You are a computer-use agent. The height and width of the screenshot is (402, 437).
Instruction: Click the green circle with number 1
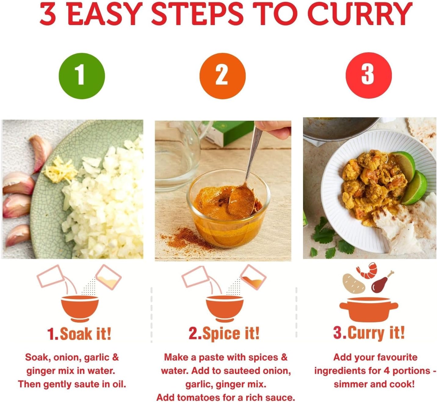pyautogui.click(x=82, y=76)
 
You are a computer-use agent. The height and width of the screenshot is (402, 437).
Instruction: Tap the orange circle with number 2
pyautogui.click(x=222, y=76)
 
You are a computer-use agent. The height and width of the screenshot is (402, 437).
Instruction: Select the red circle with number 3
pyautogui.click(x=369, y=75)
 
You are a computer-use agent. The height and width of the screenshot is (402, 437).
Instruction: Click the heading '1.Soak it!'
pyautogui.click(x=79, y=334)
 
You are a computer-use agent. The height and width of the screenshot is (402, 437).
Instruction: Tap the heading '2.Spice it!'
pyautogui.click(x=224, y=333)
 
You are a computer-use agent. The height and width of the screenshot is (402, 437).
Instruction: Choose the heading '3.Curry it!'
pyautogui.click(x=369, y=333)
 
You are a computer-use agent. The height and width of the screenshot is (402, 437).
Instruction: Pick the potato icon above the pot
pyautogui.click(x=354, y=283)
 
